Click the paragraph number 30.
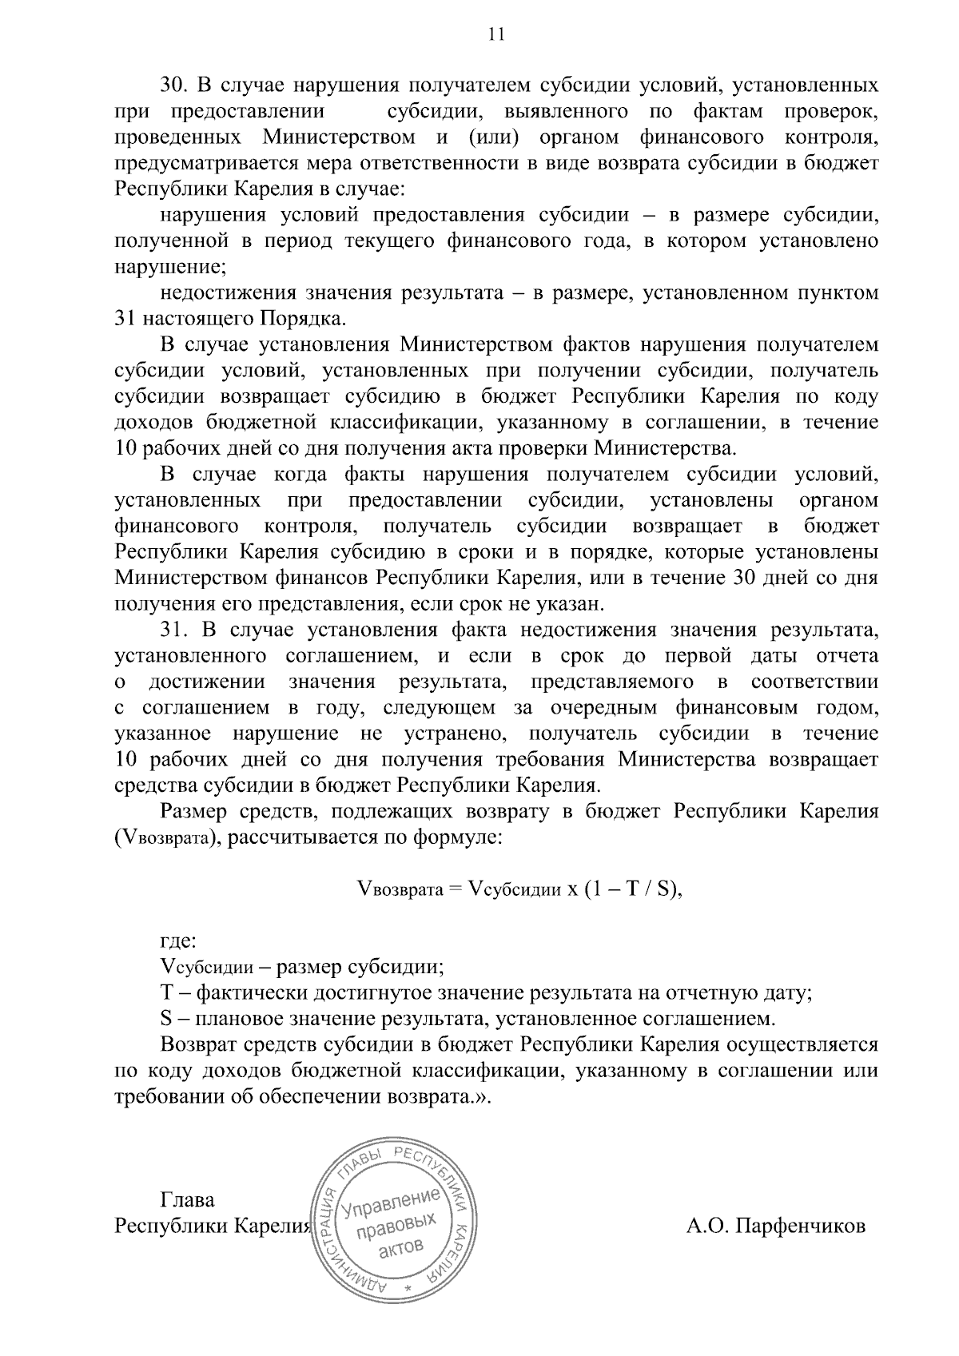[x=173, y=85]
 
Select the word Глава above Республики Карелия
[x=188, y=1200]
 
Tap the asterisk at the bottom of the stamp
[x=408, y=1290]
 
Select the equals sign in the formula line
[x=455, y=890]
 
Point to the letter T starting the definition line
[x=166, y=993]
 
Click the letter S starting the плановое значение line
[x=166, y=1019]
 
